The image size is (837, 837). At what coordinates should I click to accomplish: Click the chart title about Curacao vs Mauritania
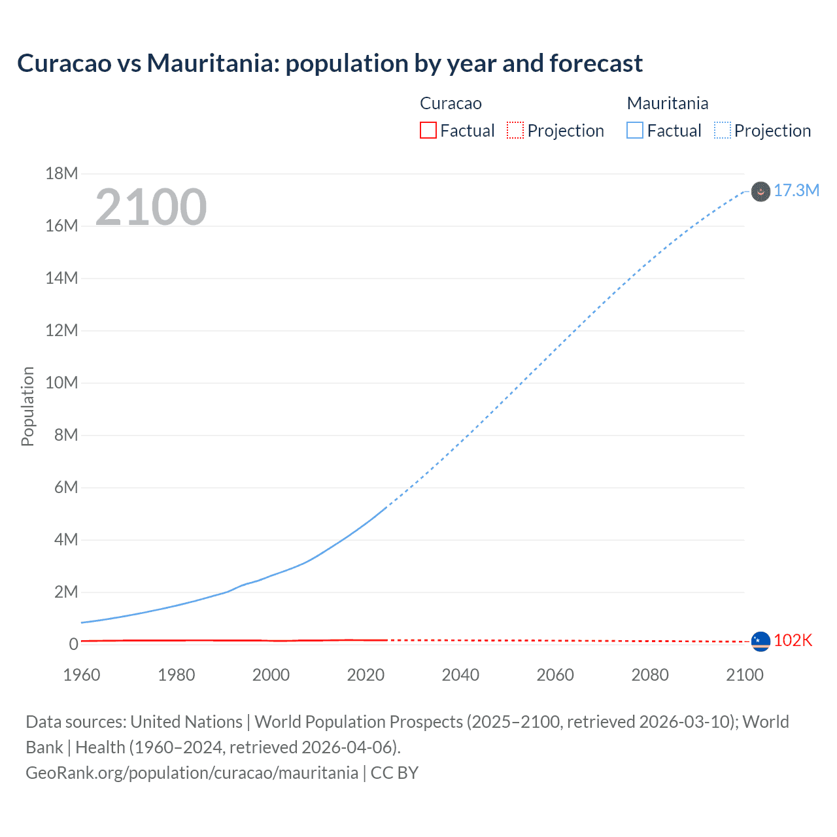pyautogui.click(x=330, y=63)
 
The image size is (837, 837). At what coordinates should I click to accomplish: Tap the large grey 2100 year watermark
pyautogui.click(x=151, y=207)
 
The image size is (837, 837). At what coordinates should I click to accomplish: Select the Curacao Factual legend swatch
pyautogui.click(x=428, y=131)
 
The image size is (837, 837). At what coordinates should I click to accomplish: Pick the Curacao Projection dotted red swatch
pyautogui.click(x=515, y=131)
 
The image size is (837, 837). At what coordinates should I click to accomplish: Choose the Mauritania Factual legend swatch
pyautogui.click(x=634, y=131)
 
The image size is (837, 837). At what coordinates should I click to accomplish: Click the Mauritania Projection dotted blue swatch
pyautogui.click(x=722, y=131)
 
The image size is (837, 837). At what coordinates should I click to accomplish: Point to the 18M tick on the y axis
pyautogui.click(x=61, y=173)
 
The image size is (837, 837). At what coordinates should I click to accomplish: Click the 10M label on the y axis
pyautogui.click(x=61, y=383)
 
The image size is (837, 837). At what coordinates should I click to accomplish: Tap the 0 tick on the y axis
pyautogui.click(x=73, y=644)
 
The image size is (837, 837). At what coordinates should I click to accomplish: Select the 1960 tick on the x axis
pyautogui.click(x=82, y=675)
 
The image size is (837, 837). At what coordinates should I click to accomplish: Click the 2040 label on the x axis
pyautogui.click(x=460, y=675)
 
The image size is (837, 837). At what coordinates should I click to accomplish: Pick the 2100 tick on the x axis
pyautogui.click(x=745, y=675)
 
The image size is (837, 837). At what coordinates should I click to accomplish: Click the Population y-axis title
pyautogui.click(x=27, y=406)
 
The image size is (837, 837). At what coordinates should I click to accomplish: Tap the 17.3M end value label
pyautogui.click(x=796, y=190)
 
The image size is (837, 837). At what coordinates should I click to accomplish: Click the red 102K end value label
pyautogui.click(x=793, y=641)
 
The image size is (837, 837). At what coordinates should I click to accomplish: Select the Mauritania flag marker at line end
pyautogui.click(x=760, y=192)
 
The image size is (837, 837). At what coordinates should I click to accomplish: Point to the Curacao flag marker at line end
pyautogui.click(x=760, y=641)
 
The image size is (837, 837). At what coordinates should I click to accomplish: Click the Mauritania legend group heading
pyautogui.click(x=667, y=103)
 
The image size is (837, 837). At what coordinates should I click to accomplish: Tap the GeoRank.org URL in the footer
pyautogui.click(x=192, y=773)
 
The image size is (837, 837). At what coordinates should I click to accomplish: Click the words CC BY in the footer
pyautogui.click(x=394, y=773)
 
